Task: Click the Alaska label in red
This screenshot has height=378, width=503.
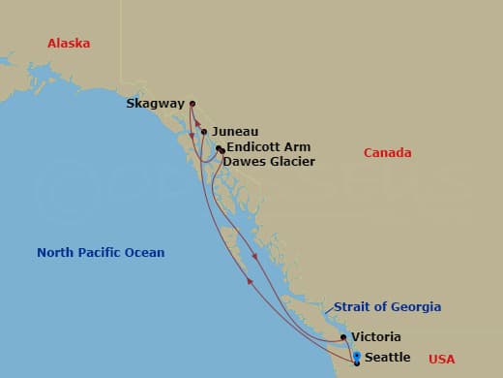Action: click(x=69, y=43)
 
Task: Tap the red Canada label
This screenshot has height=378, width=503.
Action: click(x=387, y=153)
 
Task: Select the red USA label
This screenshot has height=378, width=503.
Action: click(x=441, y=360)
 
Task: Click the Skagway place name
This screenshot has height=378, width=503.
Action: click(x=155, y=104)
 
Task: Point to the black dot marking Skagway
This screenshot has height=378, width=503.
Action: click(x=192, y=104)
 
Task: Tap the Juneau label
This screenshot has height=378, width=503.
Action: click(x=234, y=132)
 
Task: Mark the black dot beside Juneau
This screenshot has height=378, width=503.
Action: click(x=204, y=132)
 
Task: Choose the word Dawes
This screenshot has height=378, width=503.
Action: click(x=241, y=162)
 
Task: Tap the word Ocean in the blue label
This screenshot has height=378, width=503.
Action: click(x=145, y=253)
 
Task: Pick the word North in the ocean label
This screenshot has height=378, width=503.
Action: click(x=56, y=253)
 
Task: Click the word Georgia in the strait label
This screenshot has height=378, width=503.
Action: click(x=416, y=307)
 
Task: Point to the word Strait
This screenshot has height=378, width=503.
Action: click(x=353, y=307)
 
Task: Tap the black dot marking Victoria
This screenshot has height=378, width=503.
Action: click(x=343, y=337)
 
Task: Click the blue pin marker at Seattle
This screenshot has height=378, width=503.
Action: click(x=357, y=357)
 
